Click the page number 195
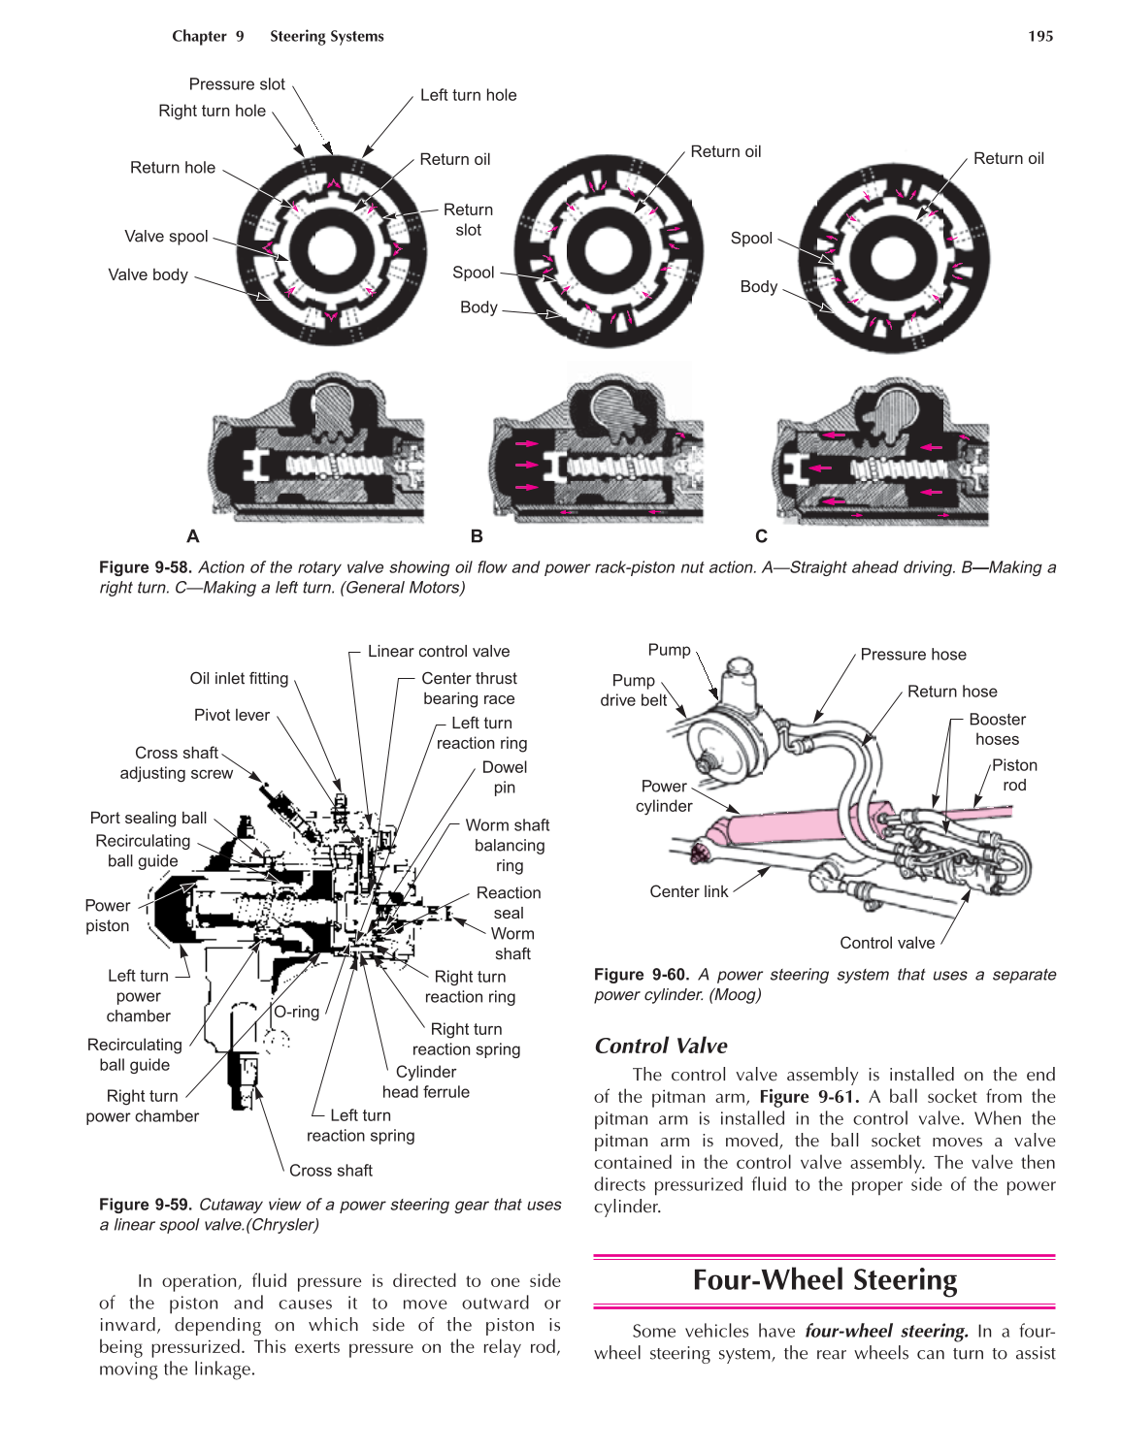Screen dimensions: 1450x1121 [1039, 36]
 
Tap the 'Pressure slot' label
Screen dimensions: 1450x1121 [237, 84]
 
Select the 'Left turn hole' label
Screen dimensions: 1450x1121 [468, 95]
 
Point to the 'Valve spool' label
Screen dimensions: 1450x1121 [166, 237]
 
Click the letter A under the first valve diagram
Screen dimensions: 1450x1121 [193, 536]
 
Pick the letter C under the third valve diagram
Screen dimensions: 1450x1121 [761, 536]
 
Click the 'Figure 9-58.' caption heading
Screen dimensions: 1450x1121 [146, 567]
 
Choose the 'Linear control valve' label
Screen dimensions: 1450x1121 [438, 652]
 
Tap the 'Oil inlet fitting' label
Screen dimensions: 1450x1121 [239, 679]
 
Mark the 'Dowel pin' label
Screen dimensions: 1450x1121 [505, 777]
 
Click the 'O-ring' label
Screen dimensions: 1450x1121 [296, 1012]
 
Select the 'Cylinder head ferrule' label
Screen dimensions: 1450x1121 [426, 1081]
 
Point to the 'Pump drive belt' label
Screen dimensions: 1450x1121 [633, 691]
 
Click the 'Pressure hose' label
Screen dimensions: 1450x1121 [912, 655]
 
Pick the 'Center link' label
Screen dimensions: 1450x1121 [688, 891]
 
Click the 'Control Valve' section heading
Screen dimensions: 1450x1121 [661, 1046]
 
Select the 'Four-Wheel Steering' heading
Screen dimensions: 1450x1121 [824, 1280]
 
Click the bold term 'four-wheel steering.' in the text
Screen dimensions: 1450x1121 [886, 1331]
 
